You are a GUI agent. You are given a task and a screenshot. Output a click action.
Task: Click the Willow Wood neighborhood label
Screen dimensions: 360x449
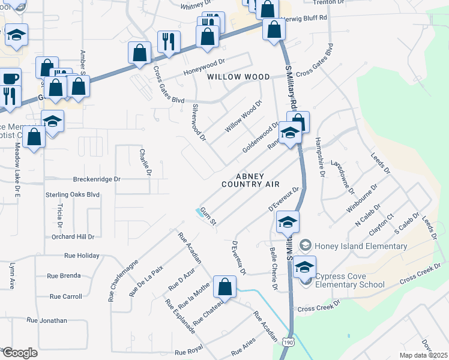point(238,77)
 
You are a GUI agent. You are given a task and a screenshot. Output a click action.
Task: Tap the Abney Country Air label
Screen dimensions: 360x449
point(250,180)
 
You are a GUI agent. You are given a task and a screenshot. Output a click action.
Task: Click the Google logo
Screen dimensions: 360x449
point(19,353)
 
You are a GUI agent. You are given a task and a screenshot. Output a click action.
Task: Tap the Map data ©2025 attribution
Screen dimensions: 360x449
point(423,355)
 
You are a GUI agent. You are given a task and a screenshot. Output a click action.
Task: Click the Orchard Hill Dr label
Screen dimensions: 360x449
point(73,237)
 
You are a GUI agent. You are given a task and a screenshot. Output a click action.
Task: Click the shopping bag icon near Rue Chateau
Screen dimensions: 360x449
point(224,287)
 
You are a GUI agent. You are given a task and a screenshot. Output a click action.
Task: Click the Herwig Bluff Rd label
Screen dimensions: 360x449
point(306,18)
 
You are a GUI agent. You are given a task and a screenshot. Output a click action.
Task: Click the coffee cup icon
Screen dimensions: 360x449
point(10,78)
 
